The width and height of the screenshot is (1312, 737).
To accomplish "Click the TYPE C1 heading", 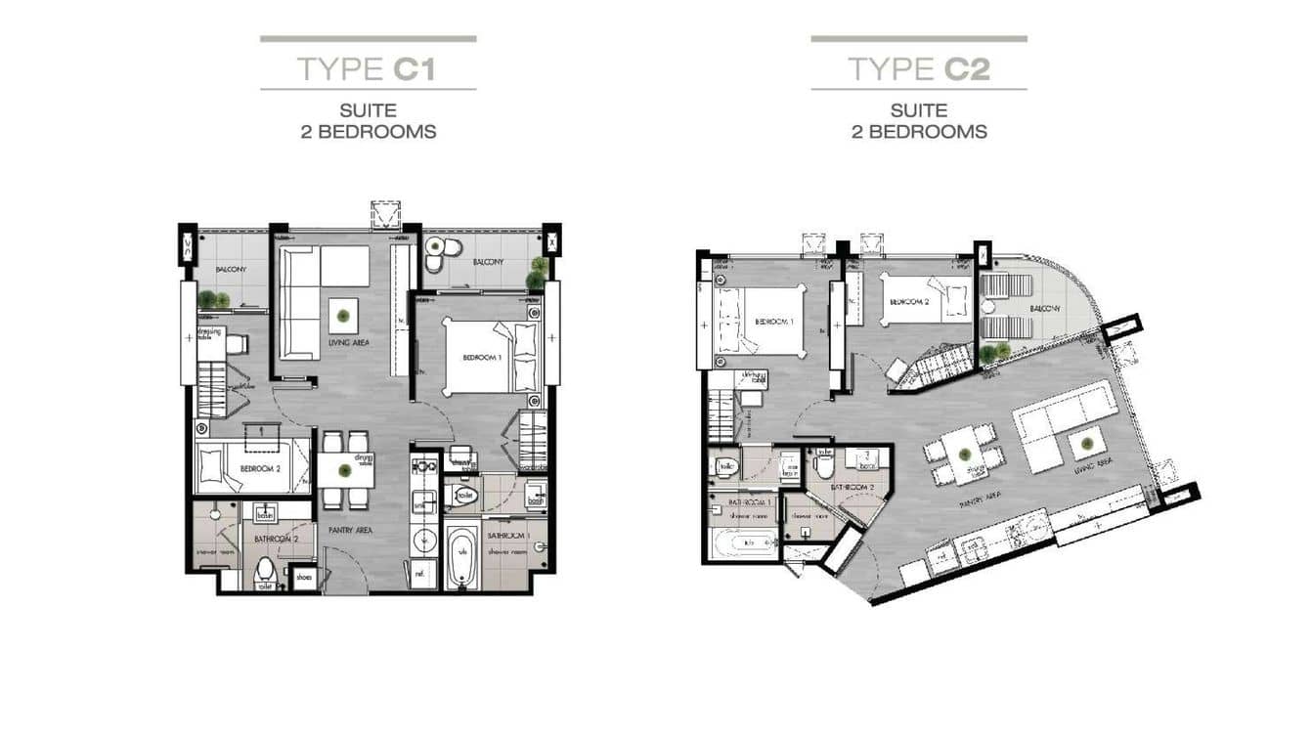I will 368,68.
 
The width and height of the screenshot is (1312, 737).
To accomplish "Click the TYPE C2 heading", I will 918,68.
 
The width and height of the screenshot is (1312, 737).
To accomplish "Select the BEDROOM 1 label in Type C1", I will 481,358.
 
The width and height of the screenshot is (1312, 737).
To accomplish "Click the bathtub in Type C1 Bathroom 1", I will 461,557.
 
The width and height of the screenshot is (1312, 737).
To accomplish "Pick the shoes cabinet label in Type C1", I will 305,578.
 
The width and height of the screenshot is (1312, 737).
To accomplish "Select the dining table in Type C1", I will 345,469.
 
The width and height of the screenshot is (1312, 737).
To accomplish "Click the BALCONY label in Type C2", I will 1044,309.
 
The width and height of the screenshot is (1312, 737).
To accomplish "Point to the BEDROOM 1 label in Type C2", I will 773,322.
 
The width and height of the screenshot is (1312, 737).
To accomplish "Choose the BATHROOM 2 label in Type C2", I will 853,486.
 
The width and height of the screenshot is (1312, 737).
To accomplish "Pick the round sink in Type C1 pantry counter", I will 424,537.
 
